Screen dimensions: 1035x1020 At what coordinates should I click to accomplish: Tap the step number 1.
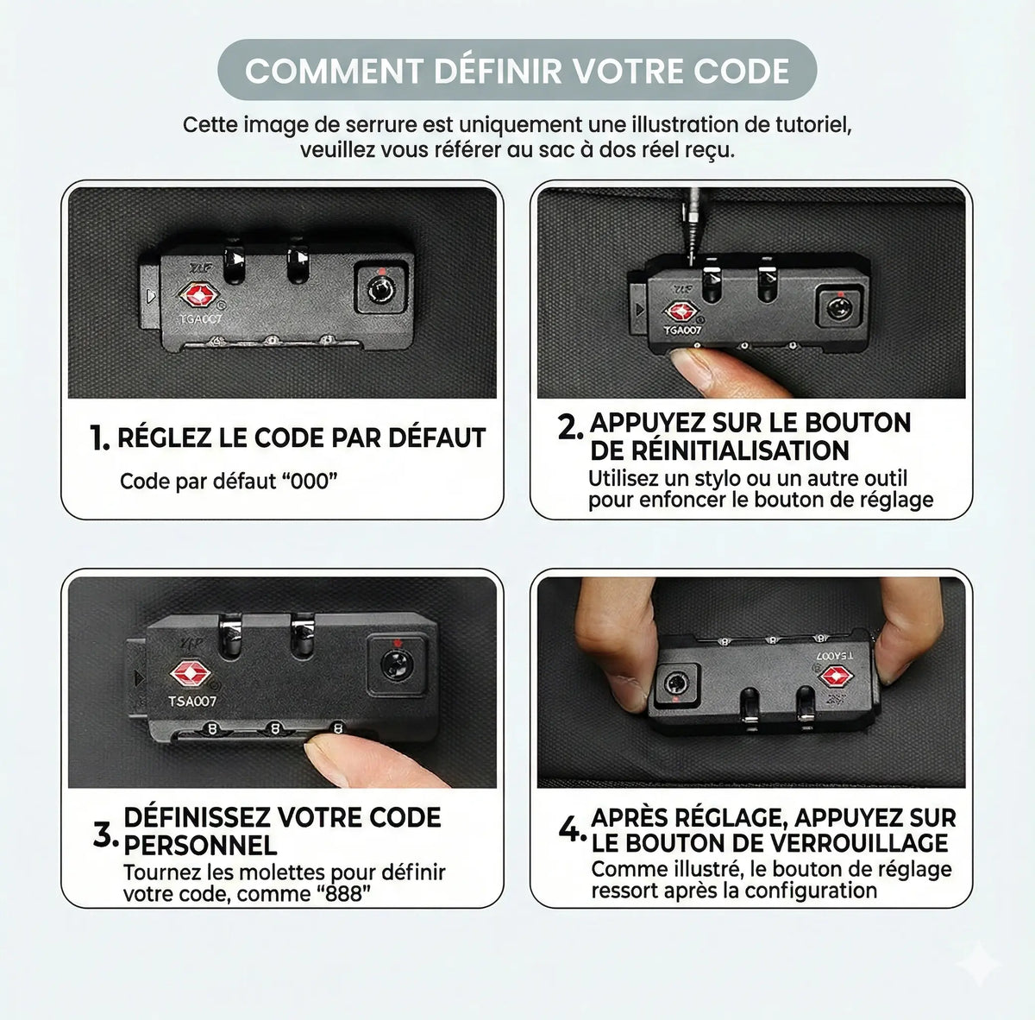point(99,438)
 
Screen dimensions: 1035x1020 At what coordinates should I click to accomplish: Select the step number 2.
point(570,428)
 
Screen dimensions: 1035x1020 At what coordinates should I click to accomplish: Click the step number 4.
point(573,830)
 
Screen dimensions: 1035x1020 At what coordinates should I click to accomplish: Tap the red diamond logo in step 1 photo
point(198,295)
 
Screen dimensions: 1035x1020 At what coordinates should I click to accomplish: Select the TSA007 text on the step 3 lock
point(191,702)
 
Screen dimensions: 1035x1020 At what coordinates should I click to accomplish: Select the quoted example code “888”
point(342,893)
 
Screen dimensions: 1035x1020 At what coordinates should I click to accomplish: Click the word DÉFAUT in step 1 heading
point(436,438)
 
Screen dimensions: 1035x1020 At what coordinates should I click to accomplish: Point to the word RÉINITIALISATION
point(719,450)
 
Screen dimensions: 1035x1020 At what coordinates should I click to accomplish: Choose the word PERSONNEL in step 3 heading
point(200,846)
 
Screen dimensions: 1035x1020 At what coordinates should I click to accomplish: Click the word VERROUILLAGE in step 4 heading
point(841,842)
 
